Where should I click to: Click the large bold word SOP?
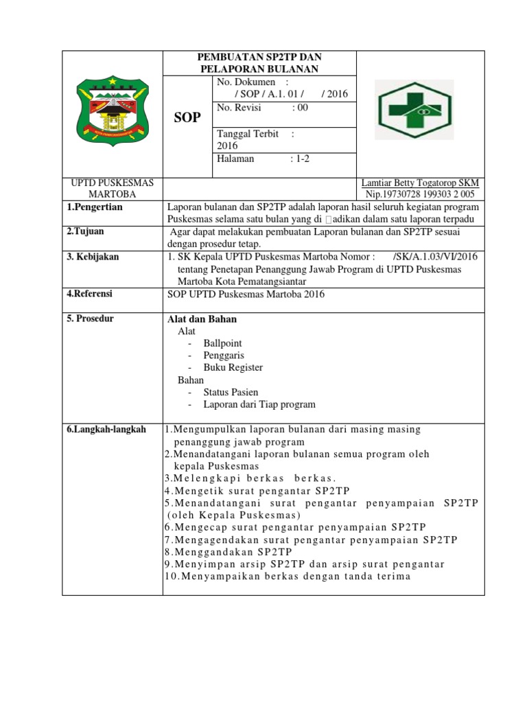click(x=188, y=117)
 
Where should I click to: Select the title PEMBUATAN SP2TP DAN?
click(x=260, y=57)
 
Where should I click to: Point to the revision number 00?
click(x=301, y=108)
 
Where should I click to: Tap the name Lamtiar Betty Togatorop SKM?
click(x=420, y=183)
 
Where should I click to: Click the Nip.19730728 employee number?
click(x=420, y=194)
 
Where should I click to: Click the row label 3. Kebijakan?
click(x=93, y=257)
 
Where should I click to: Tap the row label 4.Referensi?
click(x=90, y=294)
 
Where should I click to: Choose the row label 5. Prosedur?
click(x=91, y=319)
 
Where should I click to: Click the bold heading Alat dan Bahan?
click(x=202, y=319)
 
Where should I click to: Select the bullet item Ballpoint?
click(x=222, y=343)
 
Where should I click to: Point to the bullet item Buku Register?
click(x=233, y=367)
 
